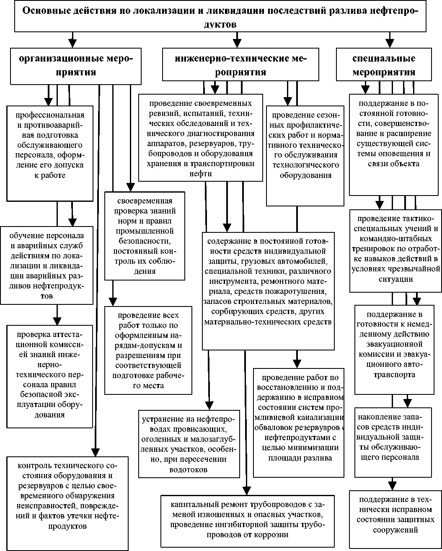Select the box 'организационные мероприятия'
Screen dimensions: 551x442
[x=75, y=65]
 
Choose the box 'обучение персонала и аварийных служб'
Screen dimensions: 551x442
[x=47, y=265]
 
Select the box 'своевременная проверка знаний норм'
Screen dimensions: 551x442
[x=145, y=235]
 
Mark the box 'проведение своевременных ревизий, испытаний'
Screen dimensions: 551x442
[x=201, y=138]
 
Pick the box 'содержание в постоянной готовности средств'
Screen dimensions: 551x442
[x=268, y=290]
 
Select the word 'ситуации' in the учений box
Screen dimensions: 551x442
[x=396, y=279]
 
